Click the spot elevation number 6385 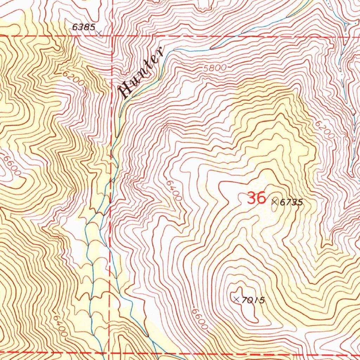(x=83, y=27)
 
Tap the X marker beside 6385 (x=99, y=33)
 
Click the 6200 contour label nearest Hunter (x=74, y=79)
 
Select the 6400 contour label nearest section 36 (x=174, y=191)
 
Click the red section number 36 (x=256, y=198)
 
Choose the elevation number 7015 (x=253, y=300)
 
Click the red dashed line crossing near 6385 (x=112, y=36)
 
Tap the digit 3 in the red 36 (x=251, y=198)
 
